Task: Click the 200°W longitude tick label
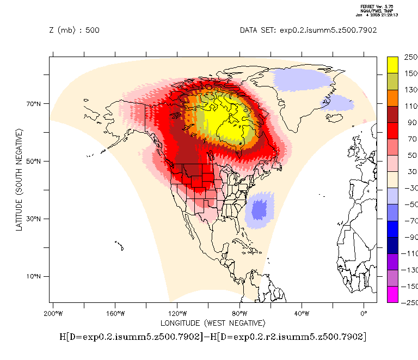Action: tap(52, 313)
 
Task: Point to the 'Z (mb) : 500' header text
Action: tap(74, 30)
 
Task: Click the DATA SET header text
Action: tap(308, 30)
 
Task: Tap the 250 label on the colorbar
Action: tap(410, 57)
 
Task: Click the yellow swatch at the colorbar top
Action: tap(393, 65)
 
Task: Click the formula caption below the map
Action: tap(213, 337)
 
